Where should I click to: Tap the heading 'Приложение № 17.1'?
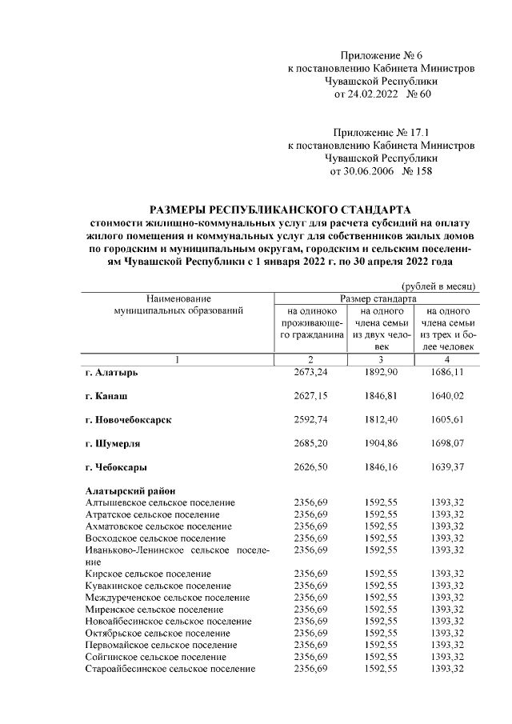(381, 132)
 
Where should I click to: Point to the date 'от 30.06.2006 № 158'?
(381, 171)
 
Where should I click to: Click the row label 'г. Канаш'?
(107, 396)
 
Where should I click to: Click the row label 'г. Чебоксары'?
(117, 466)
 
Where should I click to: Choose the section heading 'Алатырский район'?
(130, 490)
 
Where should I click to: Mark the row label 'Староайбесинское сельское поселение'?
(170, 669)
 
